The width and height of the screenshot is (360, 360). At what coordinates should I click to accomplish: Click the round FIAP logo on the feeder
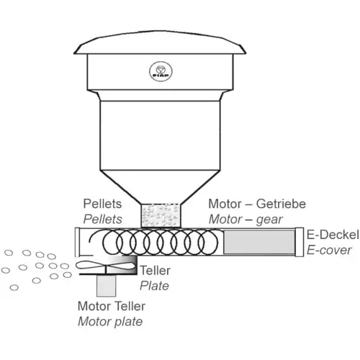[x=161, y=71]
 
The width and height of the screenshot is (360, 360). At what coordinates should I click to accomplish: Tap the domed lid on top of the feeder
[x=160, y=42]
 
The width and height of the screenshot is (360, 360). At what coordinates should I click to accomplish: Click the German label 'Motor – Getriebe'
[x=257, y=204]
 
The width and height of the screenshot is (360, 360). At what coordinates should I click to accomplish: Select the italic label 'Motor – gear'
[x=246, y=220]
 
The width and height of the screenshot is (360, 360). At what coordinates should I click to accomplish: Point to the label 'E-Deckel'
[x=333, y=235]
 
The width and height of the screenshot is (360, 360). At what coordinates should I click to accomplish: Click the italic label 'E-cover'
[x=329, y=250]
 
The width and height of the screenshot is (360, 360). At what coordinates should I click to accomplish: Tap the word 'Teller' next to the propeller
[x=155, y=271]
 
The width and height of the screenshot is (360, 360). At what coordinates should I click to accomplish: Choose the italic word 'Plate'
[x=154, y=286]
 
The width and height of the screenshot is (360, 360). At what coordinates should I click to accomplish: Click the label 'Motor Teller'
[x=112, y=306]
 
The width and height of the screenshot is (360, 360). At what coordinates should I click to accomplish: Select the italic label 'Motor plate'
[x=110, y=322]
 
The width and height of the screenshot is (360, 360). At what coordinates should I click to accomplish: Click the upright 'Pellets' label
[x=102, y=204]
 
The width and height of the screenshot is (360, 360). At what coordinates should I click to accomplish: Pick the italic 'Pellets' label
[x=102, y=220]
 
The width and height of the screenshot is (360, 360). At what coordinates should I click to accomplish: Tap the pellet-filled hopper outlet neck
[x=161, y=215]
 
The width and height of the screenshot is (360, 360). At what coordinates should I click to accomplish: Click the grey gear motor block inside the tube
[x=259, y=242]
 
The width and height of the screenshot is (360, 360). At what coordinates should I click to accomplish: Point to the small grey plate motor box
[x=106, y=286]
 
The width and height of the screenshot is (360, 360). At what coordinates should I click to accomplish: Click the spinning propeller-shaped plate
[x=105, y=266]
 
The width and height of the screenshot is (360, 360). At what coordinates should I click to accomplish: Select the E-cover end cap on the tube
[x=300, y=242]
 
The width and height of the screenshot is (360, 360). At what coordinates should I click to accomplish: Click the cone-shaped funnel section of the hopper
[x=160, y=187]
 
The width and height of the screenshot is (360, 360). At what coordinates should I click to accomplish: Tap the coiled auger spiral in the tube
[x=153, y=242]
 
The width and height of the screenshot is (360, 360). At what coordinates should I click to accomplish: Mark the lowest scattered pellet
[x=14, y=287]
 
